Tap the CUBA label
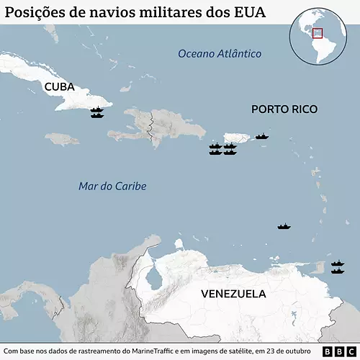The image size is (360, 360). (x=59, y=87)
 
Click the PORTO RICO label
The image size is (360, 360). (x=284, y=109)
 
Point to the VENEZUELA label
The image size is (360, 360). (x=233, y=294)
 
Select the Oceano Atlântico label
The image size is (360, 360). (x=220, y=54)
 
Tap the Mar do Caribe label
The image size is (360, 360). (x=112, y=186)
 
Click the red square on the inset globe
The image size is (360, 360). (x=317, y=33)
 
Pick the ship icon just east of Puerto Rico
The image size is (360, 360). (x=262, y=136)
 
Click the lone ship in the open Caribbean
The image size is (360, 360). (x=284, y=227)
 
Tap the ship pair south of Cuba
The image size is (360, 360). (x=97, y=112)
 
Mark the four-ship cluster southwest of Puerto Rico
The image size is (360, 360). (x=222, y=150)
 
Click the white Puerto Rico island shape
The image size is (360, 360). (x=237, y=138)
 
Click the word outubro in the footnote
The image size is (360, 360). (x=297, y=351)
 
